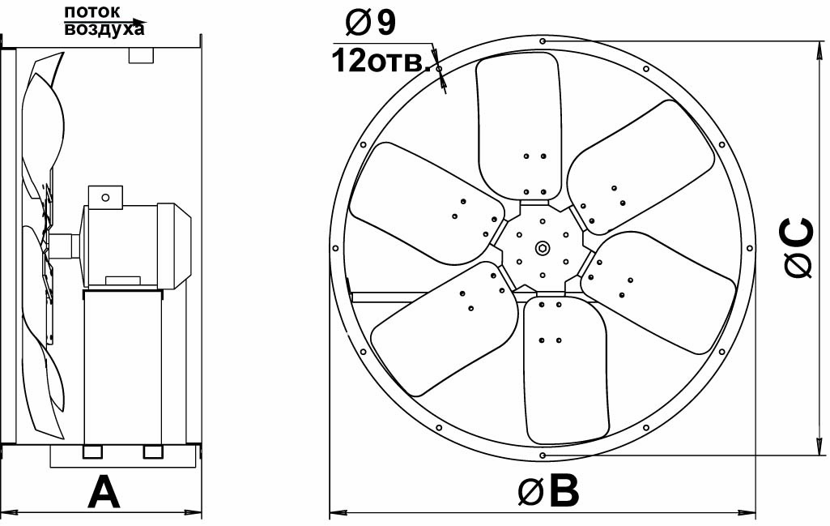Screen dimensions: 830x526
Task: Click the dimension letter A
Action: pyautogui.click(x=104, y=492)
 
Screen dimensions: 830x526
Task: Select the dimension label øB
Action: pyautogui.click(x=548, y=492)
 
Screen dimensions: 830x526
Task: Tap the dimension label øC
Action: pyautogui.click(x=798, y=248)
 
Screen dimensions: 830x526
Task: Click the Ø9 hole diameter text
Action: pyautogui.click(x=370, y=24)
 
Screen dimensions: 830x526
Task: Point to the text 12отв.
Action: pyautogui.click(x=381, y=62)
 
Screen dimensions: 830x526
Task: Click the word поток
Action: pyautogui.click(x=92, y=11)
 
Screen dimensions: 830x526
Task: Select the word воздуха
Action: pyautogui.click(x=104, y=29)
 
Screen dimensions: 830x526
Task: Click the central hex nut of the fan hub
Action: pyautogui.click(x=543, y=248)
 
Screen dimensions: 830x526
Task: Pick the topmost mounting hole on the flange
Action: pyautogui.click(x=543, y=41)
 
